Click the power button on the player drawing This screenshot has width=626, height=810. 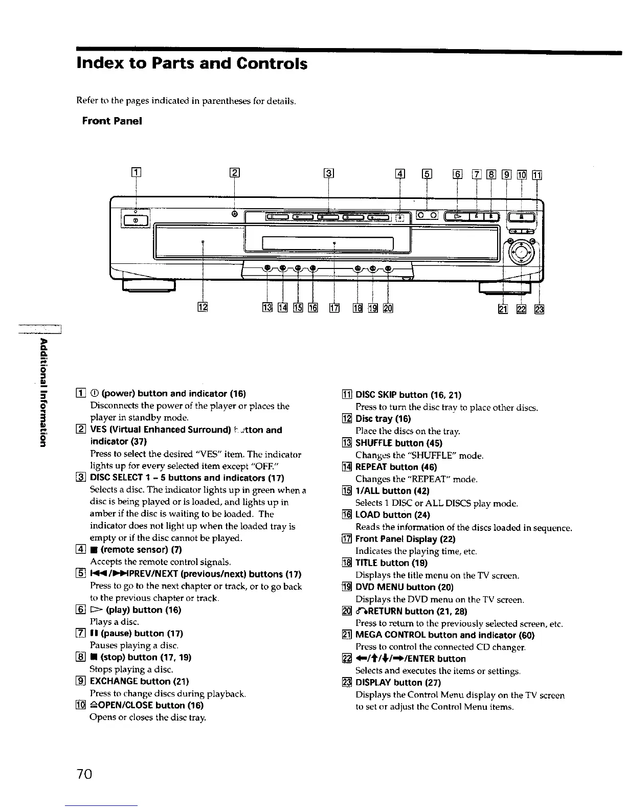(x=136, y=220)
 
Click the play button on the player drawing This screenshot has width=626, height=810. (x=457, y=216)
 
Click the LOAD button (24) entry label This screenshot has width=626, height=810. (x=392, y=515)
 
